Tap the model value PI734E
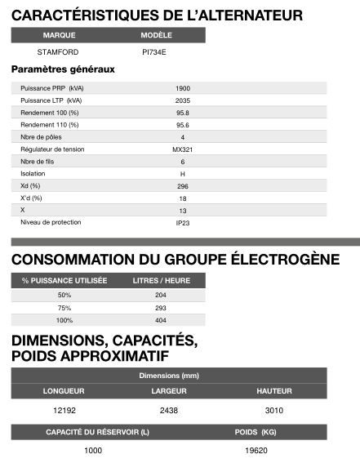(153, 52)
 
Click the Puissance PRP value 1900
(183, 87)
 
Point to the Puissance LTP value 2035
(183, 100)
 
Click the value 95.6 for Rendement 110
(183, 124)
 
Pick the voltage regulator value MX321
(183, 149)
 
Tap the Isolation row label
(33, 173)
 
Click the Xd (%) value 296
(183, 185)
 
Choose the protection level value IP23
(183, 222)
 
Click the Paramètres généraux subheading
(63, 69)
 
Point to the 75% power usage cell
(64, 308)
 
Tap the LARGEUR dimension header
(169, 391)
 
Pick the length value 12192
(64, 409)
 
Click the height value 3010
(274, 409)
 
